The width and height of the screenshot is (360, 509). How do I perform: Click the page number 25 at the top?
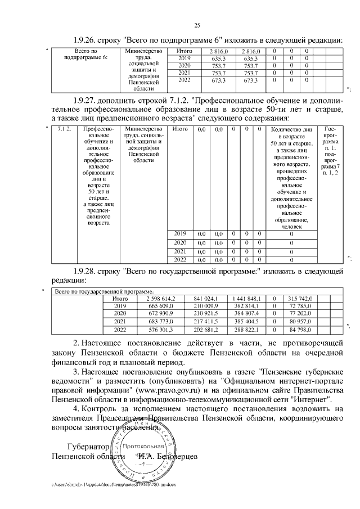point(197,25)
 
